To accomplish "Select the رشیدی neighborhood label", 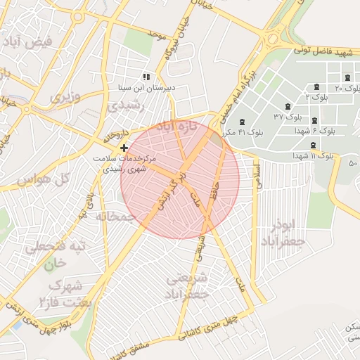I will (x=127, y=106).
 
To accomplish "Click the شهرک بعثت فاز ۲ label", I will (x=56, y=295).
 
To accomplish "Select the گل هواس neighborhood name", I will (x=42, y=179).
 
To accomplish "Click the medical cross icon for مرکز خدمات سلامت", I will (x=124, y=148).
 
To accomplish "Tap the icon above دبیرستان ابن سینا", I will (x=146, y=76).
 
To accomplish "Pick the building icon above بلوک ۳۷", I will (x=288, y=105).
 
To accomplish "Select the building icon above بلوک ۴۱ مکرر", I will (x=243, y=122).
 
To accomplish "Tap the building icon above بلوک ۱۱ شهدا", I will (x=313, y=145).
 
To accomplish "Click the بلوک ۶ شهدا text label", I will (x=323, y=130).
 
